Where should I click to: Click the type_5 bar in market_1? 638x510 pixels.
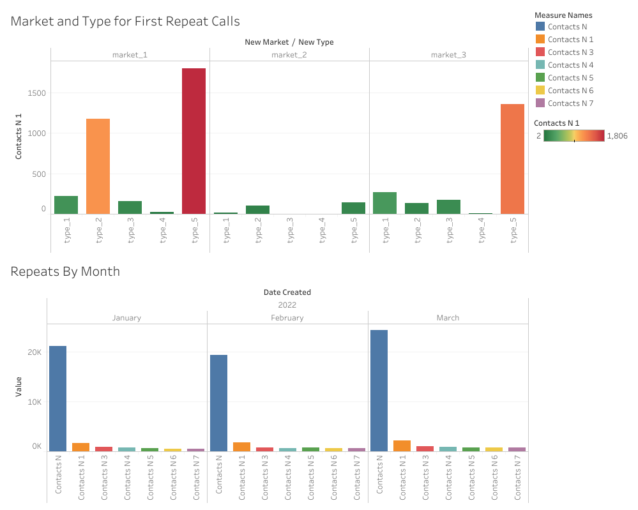pos(194,141)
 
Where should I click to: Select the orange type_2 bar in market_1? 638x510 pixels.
pos(98,166)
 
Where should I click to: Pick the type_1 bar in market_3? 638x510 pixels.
pos(384,203)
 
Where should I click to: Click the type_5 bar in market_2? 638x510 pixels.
pos(353,208)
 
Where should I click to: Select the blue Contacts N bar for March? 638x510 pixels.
pos(379,391)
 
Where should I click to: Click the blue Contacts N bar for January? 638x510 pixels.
pos(58,398)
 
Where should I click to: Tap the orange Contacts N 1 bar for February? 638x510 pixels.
pos(241,447)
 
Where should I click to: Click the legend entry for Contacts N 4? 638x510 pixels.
pos(570,65)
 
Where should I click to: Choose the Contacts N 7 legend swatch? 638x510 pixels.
pos(540,103)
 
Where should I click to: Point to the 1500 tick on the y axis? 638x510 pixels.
pos(36,93)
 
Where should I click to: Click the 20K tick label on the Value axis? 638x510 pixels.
pos(33,352)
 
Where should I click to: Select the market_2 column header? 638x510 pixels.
pos(289,55)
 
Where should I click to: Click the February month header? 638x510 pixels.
pos(287,318)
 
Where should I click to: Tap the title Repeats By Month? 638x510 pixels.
pos(65,271)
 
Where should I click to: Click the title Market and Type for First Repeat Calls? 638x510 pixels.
pos(125,21)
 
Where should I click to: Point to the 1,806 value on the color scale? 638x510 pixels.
pos(617,136)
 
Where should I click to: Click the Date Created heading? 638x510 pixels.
pos(287,292)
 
